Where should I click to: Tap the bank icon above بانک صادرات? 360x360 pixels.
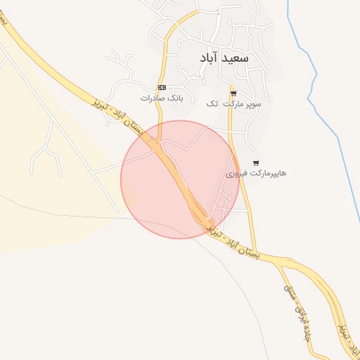(x=162, y=87)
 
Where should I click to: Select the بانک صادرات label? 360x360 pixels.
(x=161, y=98)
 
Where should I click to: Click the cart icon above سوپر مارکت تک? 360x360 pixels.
(x=233, y=92)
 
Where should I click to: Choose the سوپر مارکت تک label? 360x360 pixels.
(x=233, y=103)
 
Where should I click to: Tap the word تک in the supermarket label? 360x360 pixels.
(x=212, y=103)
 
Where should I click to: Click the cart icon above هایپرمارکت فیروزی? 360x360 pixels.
(x=255, y=162)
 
